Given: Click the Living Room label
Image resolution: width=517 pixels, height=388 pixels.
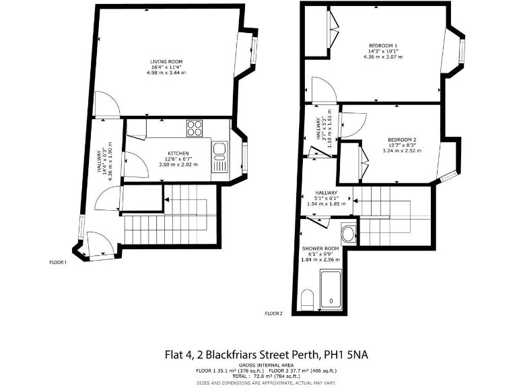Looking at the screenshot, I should coord(166,62).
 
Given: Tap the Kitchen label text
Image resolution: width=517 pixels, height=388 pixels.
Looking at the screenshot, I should coord(178,154).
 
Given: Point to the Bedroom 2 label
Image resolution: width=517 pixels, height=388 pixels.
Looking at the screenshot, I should coord(402,139).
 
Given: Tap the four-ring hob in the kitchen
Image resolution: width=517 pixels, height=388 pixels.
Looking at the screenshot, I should coord(195,127).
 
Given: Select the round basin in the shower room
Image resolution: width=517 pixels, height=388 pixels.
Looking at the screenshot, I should coord(349,235).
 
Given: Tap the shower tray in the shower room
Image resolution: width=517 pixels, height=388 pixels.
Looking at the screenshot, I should coord(331,290).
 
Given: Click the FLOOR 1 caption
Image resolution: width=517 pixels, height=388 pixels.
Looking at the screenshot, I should coord(58,262).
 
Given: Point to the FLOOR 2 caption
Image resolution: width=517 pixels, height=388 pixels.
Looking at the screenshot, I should coord(273,313).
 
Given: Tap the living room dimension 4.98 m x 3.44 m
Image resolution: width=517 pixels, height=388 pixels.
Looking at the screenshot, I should coord(166,73).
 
